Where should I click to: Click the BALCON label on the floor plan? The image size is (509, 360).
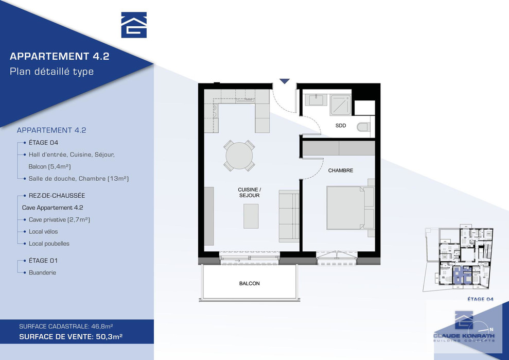[249, 283]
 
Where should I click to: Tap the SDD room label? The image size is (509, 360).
[341, 126]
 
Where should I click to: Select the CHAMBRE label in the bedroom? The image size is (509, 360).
[341, 170]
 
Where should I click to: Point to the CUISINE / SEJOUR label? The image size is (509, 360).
[249, 192]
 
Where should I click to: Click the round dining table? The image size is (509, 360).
[239, 156]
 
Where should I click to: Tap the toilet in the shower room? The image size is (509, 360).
[364, 127]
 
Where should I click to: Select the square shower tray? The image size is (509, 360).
[341, 105]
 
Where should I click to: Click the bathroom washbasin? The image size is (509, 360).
[316, 100]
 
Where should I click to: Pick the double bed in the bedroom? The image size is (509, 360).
[350, 208]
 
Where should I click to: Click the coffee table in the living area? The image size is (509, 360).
[251, 216]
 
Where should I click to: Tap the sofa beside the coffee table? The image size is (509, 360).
[289, 216]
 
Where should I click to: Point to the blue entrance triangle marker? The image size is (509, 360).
[285, 81]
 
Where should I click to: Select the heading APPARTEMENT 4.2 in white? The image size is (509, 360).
[59, 56]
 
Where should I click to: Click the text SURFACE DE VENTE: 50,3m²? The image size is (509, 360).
[71, 337]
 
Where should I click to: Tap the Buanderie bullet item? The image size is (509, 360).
[42, 272]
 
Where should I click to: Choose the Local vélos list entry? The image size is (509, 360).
[43, 232]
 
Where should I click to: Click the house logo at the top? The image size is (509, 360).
[134, 25]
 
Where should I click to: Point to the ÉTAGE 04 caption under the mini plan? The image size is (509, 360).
[480, 299]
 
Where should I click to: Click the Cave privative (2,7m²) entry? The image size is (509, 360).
[59, 219]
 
